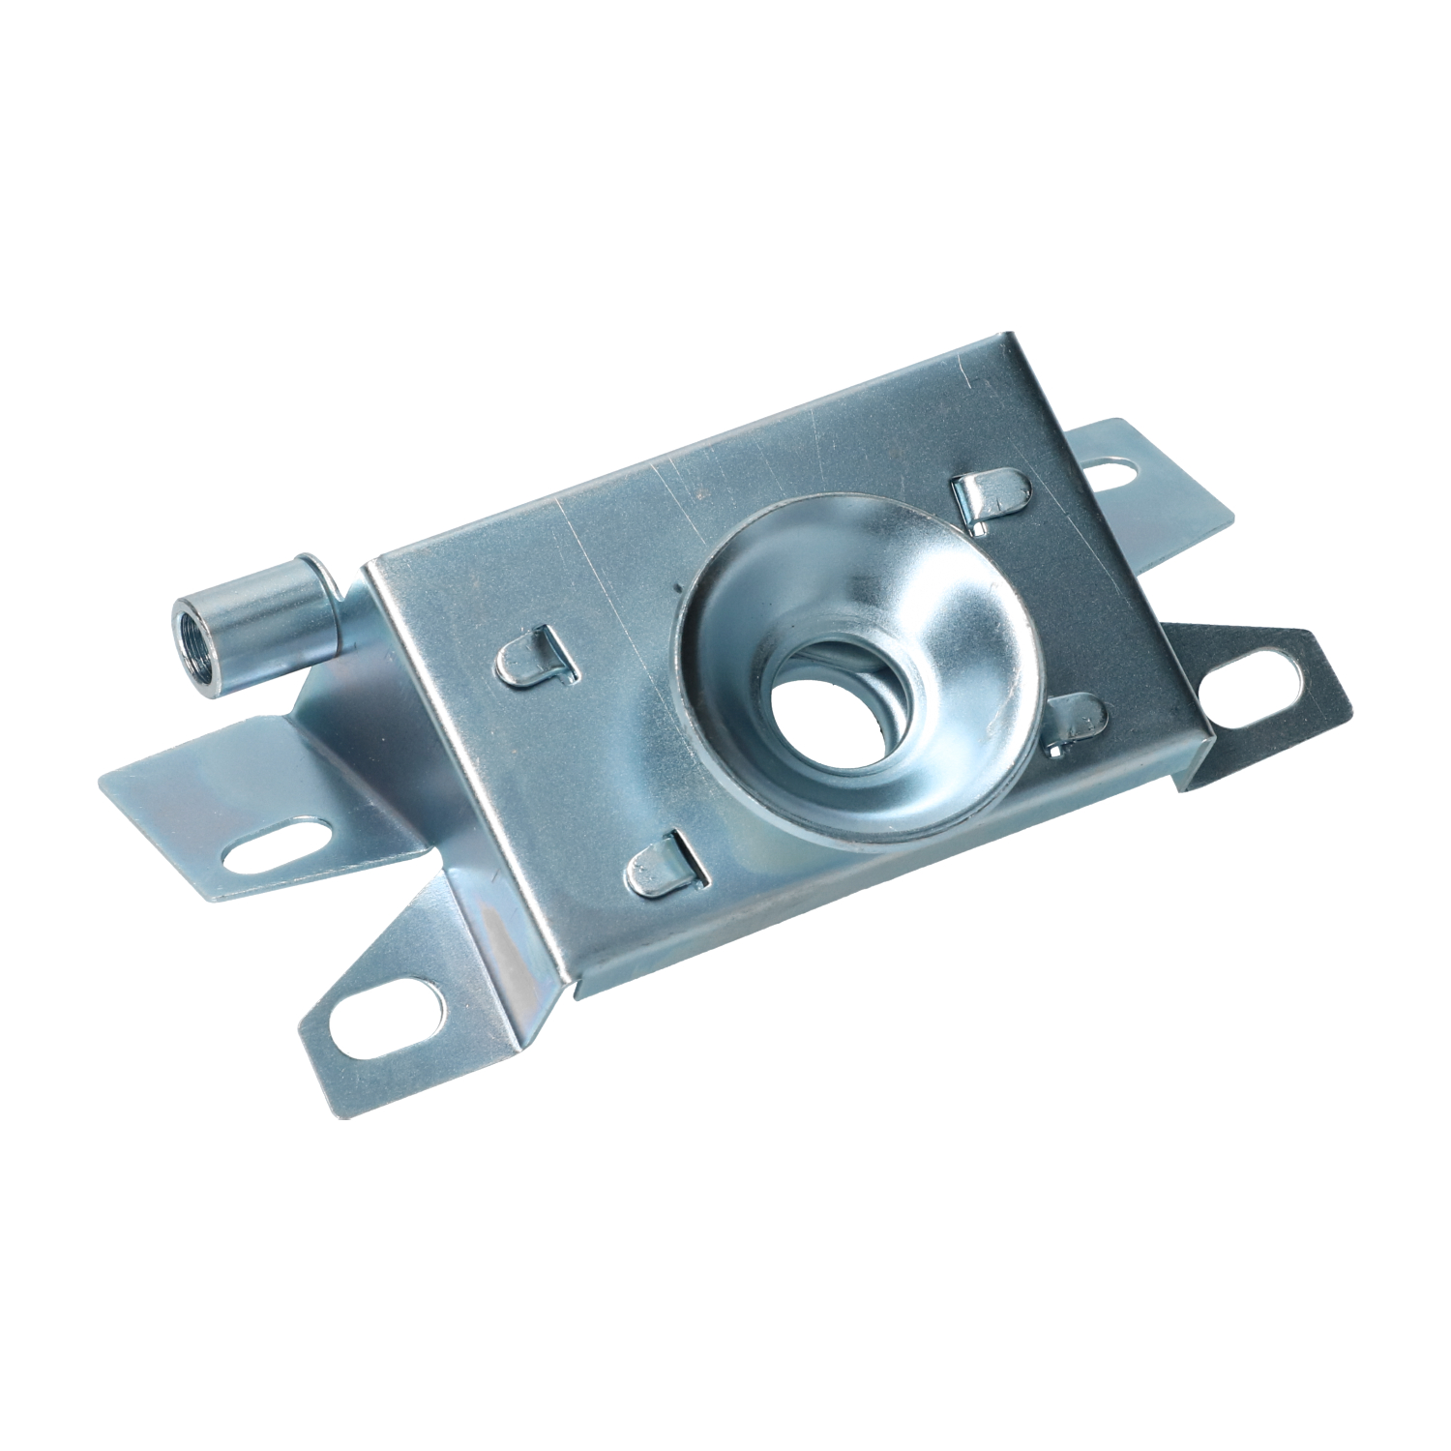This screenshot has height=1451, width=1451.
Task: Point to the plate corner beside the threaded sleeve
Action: (x=366, y=563)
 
